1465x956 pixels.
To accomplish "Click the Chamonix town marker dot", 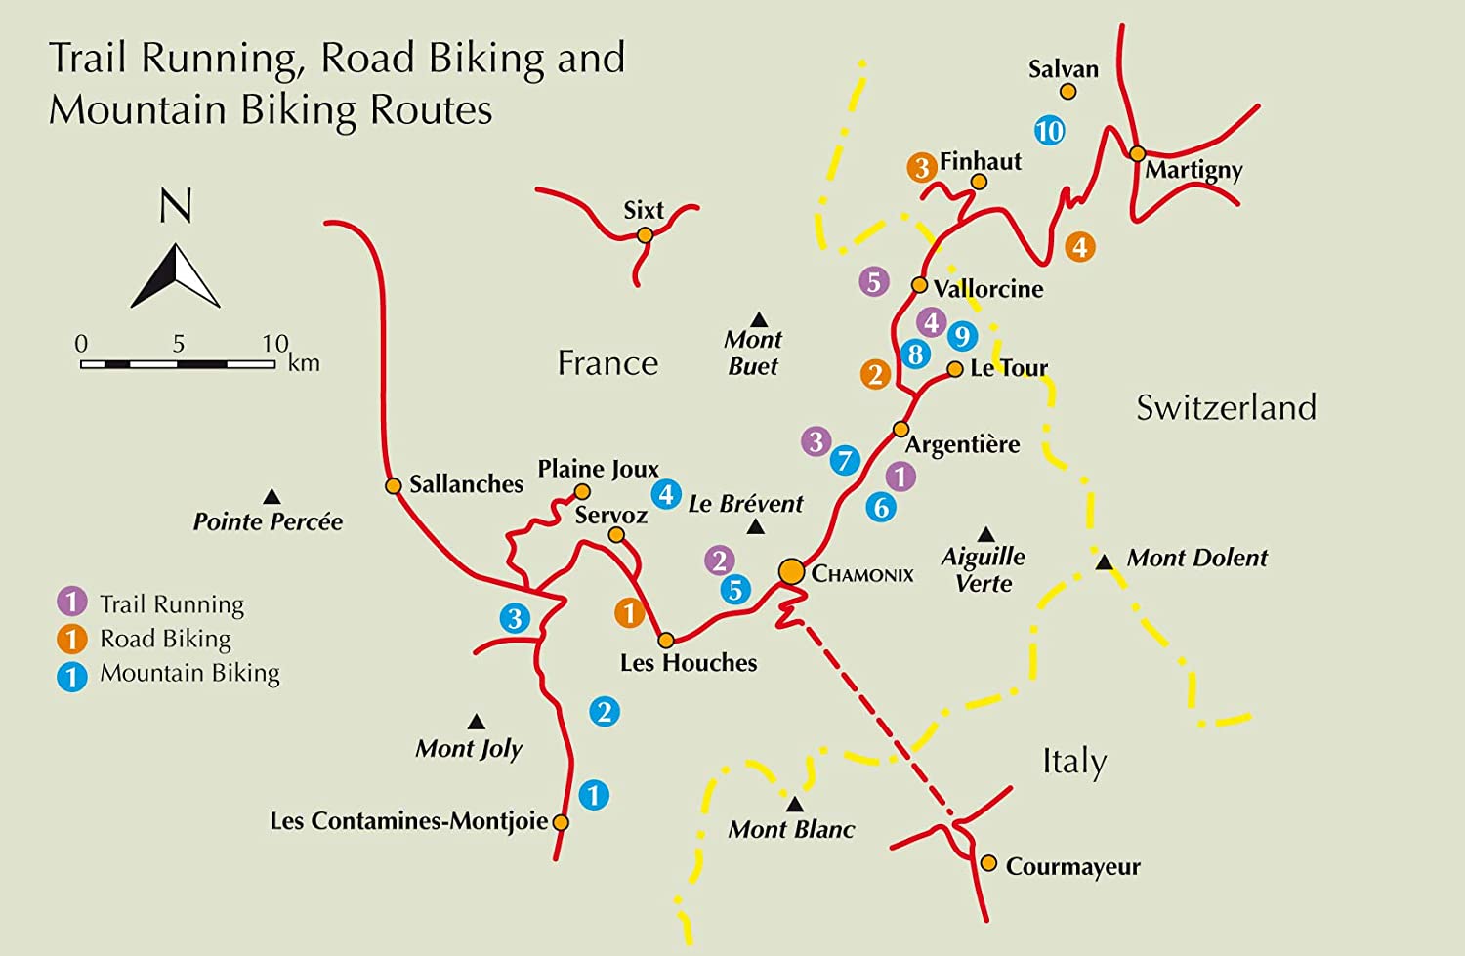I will pos(791,571).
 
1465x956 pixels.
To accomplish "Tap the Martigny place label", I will pos(1193,171).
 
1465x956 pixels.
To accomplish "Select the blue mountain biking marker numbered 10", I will pos(1049,131).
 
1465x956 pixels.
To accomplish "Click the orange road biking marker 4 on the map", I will pos(1079,247).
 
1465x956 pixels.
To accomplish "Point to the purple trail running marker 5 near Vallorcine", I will pos(874,282).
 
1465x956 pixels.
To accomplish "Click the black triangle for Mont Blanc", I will pos(795,805).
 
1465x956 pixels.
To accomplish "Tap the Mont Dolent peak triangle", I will pos(1104,562).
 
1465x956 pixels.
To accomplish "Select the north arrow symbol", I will pos(176,276).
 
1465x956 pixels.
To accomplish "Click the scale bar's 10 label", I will pos(274,344).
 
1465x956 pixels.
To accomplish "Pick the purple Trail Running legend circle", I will pos(72,603).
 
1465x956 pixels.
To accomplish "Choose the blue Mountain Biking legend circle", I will pos(72,676).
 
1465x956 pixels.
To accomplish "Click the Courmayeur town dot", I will pos(988,863).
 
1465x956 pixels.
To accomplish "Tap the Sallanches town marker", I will pos(393,485).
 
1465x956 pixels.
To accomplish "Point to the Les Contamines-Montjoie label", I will pos(408,821).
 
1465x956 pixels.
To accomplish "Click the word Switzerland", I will pos(1226,407).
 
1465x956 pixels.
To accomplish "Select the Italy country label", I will pos(1074,761).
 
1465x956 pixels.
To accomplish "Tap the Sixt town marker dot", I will pos(645,235).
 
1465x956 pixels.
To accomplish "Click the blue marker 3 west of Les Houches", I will pos(515,617).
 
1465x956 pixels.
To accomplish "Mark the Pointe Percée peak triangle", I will pos(272,497).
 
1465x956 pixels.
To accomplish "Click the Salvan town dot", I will pos(1067,92).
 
